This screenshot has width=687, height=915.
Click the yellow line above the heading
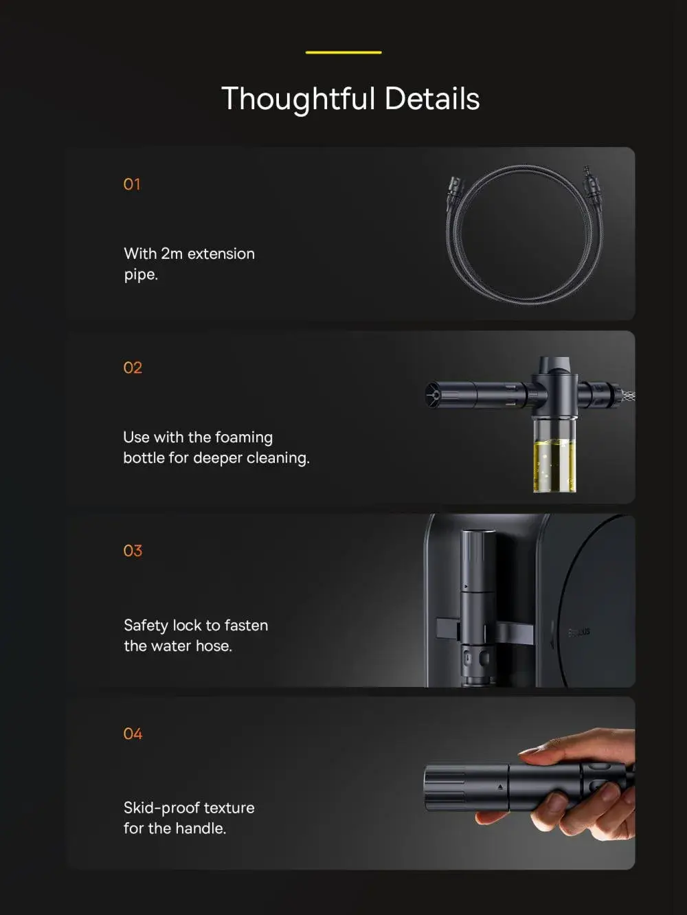tap(343, 52)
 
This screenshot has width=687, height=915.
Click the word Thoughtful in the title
tap(298, 99)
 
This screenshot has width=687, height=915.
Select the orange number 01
tap(132, 184)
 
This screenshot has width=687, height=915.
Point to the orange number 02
tap(133, 368)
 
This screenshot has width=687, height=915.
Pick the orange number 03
tap(133, 551)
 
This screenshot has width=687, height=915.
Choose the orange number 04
tap(133, 734)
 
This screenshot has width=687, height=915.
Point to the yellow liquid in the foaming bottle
tap(554, 465)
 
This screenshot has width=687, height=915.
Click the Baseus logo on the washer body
tap(579, 633)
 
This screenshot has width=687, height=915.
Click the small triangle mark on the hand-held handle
tap(500, 787)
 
